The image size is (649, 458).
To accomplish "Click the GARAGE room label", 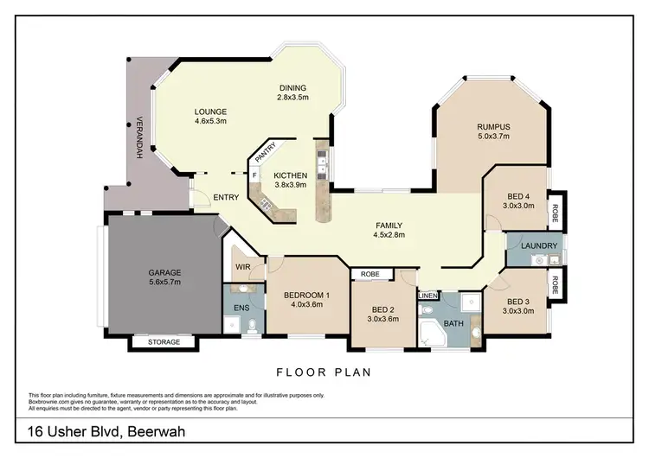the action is tap(164, 273).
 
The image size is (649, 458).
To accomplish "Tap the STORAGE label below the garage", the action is tap(164, 342).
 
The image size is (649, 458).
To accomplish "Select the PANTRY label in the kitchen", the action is tap(266, 153).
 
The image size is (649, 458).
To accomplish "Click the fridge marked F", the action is tap(254, 175).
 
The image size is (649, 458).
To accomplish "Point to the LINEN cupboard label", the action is tap(427, 296).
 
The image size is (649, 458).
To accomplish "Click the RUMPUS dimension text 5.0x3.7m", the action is tap(493, 137).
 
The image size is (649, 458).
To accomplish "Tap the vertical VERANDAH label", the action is tap(139, 137).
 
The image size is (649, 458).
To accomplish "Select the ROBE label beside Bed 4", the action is tap(555, 213).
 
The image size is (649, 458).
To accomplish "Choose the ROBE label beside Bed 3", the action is tap(555, 285).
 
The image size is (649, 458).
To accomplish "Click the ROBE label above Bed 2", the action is tap(370, 274).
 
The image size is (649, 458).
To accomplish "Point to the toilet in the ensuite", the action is tap(252, 326).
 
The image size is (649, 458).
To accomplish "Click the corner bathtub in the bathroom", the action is tap(432, 334).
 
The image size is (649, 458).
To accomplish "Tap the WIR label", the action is tap(243, 267).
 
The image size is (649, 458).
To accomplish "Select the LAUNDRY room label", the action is tap(539, 246).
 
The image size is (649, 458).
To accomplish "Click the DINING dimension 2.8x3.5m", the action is tap(293, 98).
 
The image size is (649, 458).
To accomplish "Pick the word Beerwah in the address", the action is tap(157, 432).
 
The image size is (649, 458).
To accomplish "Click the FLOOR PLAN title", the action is tap(324, 372).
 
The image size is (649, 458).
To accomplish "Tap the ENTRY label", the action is tap(226, 198).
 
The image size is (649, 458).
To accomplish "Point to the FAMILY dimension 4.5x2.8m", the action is tap(389, 235).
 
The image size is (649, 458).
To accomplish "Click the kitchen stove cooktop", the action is tap(265, 204).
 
